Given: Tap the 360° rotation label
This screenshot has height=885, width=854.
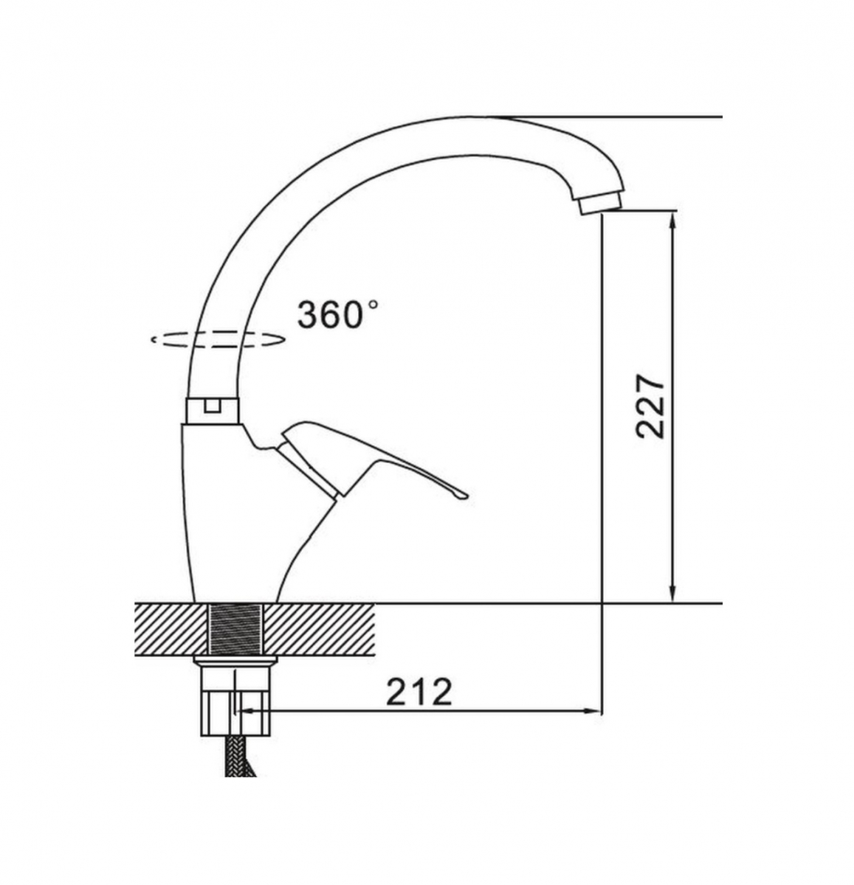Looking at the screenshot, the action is point(337,315).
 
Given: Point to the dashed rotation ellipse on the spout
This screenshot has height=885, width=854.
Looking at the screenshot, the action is point(218,340).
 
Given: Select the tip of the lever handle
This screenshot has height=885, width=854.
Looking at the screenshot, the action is point(465,496).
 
